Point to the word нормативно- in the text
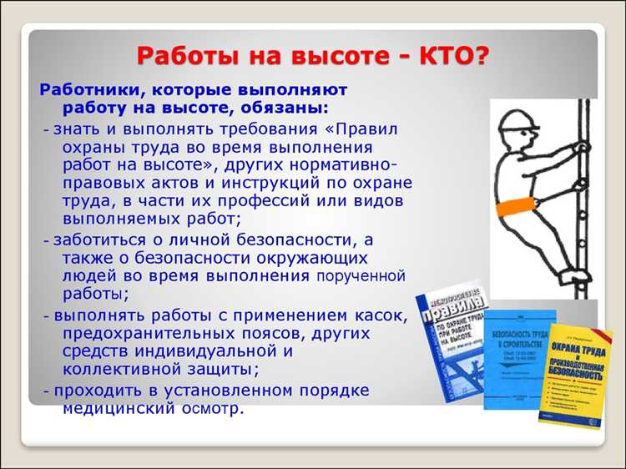(354, 165)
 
